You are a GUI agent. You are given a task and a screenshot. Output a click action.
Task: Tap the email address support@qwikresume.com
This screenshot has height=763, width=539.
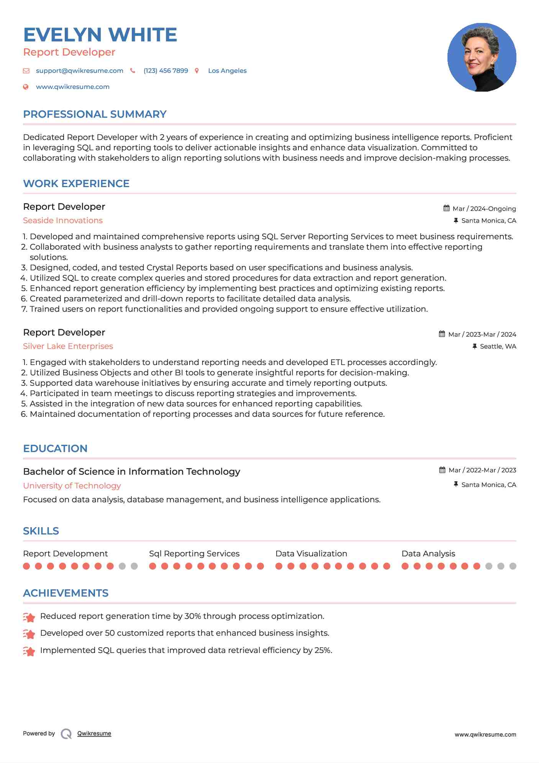(79, 71)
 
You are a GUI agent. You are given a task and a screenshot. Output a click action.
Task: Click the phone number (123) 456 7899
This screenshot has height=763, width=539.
(165, 71)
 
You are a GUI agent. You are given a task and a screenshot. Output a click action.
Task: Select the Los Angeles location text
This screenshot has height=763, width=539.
(227, 71)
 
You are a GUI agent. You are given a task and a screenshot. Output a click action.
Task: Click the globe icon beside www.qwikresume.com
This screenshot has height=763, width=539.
(26, 87)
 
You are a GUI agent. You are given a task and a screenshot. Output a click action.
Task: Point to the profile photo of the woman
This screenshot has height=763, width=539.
(482, 57)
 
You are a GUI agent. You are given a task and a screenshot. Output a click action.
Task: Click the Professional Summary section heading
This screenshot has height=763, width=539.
(95, 114)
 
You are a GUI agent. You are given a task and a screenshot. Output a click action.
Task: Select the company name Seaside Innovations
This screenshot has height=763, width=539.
(63, 220)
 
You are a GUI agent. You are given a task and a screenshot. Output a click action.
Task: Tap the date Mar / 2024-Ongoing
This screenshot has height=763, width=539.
(484, 209)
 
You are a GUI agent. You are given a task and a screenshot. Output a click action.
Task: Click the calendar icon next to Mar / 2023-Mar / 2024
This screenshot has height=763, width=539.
(442, 334)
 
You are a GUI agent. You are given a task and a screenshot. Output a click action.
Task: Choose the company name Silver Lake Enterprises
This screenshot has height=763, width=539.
(68, 346)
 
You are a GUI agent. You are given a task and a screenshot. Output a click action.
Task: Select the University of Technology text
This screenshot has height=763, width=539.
(72, 486)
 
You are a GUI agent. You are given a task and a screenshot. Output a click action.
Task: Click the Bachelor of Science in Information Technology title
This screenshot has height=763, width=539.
(131, 472)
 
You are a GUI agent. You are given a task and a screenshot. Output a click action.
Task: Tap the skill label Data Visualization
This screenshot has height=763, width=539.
(311, 554)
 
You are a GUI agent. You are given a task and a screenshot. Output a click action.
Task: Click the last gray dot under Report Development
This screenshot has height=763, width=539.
(134, 566)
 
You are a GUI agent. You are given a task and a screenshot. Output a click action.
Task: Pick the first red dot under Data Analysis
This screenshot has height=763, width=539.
(405, 566)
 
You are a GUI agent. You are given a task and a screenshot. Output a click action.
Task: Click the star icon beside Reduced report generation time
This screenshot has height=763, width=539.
(29, 617)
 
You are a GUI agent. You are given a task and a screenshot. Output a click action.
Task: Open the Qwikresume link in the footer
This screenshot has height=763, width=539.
(94, 733)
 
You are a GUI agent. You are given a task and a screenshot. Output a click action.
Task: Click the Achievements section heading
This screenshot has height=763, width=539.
(66, 593)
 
